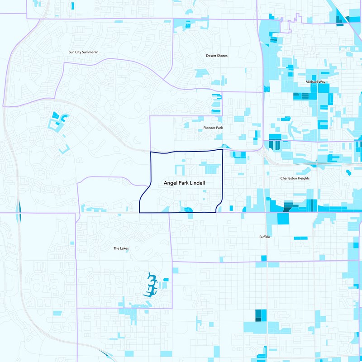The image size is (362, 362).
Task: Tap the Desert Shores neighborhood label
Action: point(217,56)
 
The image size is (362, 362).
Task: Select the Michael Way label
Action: point(315,82)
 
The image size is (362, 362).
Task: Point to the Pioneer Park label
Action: point(213,128)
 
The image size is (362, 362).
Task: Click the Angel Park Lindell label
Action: point(185,184)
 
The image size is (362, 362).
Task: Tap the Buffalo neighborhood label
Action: point(265,237)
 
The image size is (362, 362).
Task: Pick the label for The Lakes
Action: point(122,248)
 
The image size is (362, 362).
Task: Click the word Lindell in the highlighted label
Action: point(197,184)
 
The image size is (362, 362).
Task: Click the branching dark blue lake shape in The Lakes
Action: point(151,285)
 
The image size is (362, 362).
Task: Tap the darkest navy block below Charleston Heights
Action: point(287,207)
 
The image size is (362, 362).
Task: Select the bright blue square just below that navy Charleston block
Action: point(283,218)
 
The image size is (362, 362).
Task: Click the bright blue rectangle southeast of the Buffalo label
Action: point(300,238)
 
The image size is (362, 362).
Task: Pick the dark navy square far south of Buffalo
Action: point(259,314)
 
